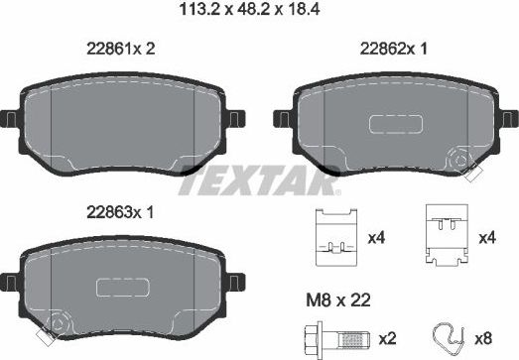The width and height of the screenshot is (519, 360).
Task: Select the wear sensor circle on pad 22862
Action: tap(460, 160)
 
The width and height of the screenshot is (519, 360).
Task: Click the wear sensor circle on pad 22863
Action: tap(57, 322)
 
